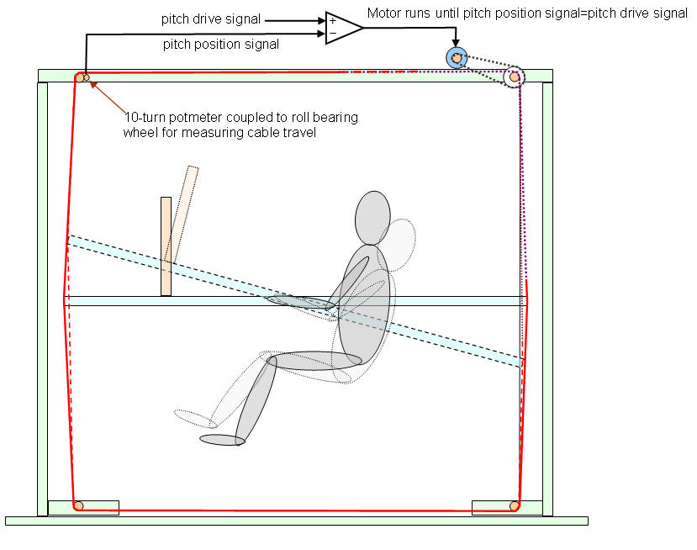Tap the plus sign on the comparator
333,19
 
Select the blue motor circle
456,57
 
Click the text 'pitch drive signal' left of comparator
211,18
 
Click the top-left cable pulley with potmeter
81,78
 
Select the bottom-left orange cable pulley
78,505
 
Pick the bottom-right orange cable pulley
514,505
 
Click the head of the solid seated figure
372,218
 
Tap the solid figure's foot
222,439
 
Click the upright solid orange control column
166,246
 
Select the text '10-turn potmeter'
166,118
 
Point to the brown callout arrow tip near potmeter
92,82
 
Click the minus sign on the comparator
333,34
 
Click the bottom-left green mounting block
83,507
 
